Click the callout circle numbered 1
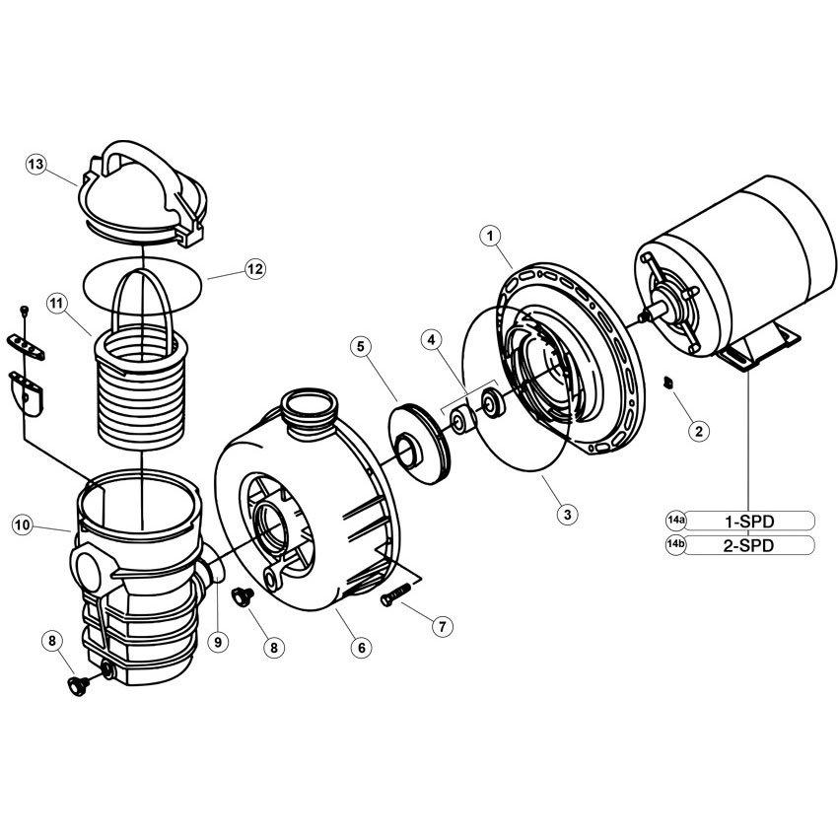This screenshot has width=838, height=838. [x=491, y=237]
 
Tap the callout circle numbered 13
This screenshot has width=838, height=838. [x=36, y=166]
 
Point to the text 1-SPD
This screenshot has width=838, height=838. [x=747, y=520]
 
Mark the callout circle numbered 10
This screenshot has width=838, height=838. [x=23, y=525]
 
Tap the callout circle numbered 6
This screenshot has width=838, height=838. [x=362, y=648]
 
